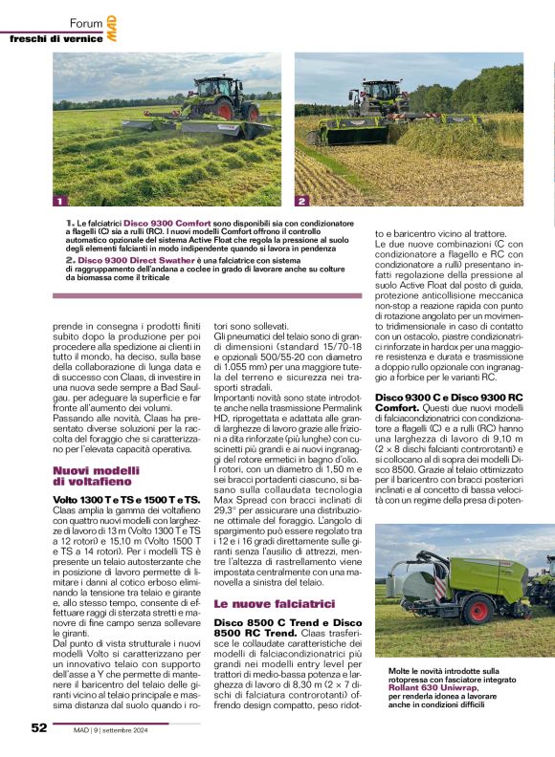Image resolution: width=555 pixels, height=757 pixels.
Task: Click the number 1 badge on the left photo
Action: (59, 202)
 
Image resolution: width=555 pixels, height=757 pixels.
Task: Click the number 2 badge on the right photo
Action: (301, 202)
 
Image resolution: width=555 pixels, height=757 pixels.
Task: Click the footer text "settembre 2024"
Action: (144, 729)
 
